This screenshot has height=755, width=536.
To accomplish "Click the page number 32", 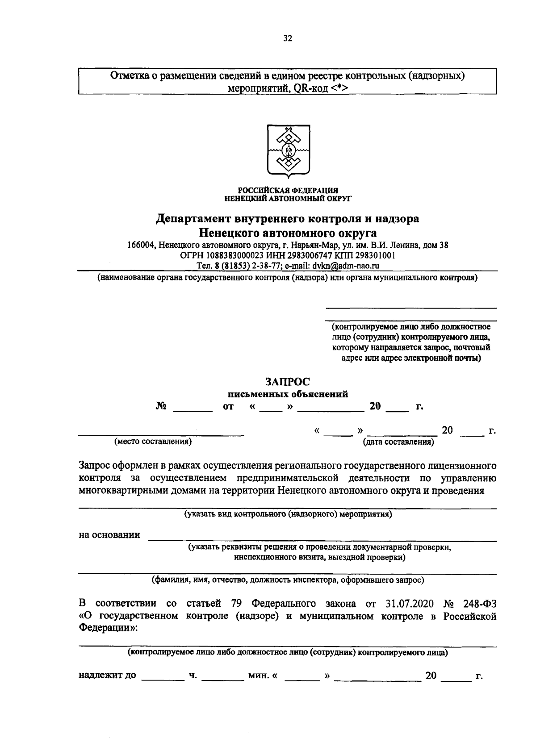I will (288, 39).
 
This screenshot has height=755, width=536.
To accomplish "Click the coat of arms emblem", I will (288, 152).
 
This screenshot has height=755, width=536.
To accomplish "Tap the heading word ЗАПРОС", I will (288, 382).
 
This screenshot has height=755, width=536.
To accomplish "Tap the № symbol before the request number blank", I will (161, 407).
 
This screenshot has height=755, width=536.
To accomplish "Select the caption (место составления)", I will (153, 442).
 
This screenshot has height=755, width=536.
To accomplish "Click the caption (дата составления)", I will (398, 442).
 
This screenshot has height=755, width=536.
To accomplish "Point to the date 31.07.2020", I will (409, 604).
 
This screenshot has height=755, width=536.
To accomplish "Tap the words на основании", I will (109, 535).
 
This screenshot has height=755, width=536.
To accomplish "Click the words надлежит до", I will (107, 675).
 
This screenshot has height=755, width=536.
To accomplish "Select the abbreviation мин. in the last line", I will (258, 675).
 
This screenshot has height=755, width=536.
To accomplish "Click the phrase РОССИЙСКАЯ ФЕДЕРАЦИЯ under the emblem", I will (288, 190).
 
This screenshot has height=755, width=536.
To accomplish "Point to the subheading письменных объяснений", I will (288, 394).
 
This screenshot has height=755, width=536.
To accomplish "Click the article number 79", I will (237, 604).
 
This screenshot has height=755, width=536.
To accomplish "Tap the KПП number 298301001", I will (374, 255).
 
